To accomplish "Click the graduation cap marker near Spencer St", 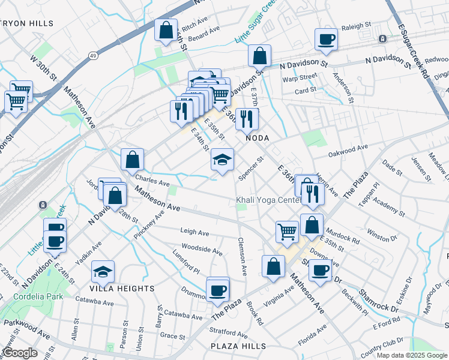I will point(222,160).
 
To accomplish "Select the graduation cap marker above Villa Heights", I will point(103,272).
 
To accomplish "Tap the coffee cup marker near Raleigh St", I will point(327,40).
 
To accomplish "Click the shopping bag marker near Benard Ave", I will point(166,30).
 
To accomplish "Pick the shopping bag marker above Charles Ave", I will point(133,160).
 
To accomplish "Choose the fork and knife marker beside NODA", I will point(247,119).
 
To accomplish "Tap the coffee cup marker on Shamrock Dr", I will point(320,269).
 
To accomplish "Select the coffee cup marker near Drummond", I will point(217,290).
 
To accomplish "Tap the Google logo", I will point(20,353).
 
